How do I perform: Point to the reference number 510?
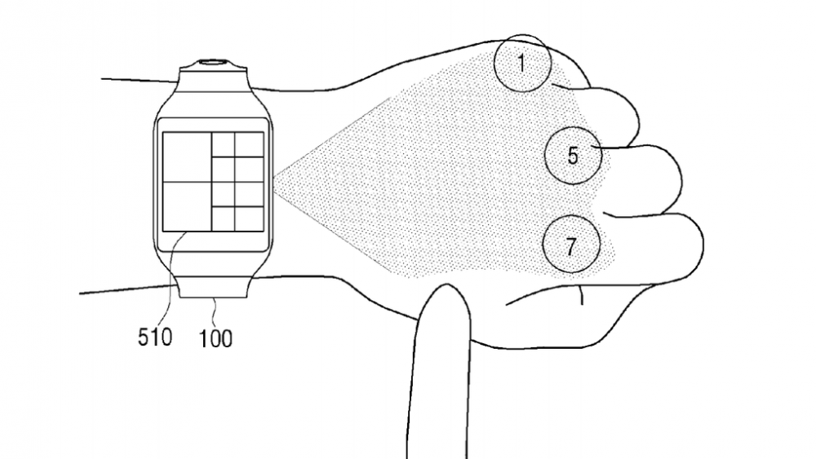(154, 338)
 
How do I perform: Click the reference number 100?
(215, 338)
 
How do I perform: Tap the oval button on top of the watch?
(213, 63)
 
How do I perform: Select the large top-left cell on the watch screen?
(187, 157)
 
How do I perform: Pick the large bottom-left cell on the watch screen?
(187, 206)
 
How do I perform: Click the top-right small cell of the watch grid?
(249, 144)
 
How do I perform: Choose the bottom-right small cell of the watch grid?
(249, 218)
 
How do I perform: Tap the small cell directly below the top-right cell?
(249, 169)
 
